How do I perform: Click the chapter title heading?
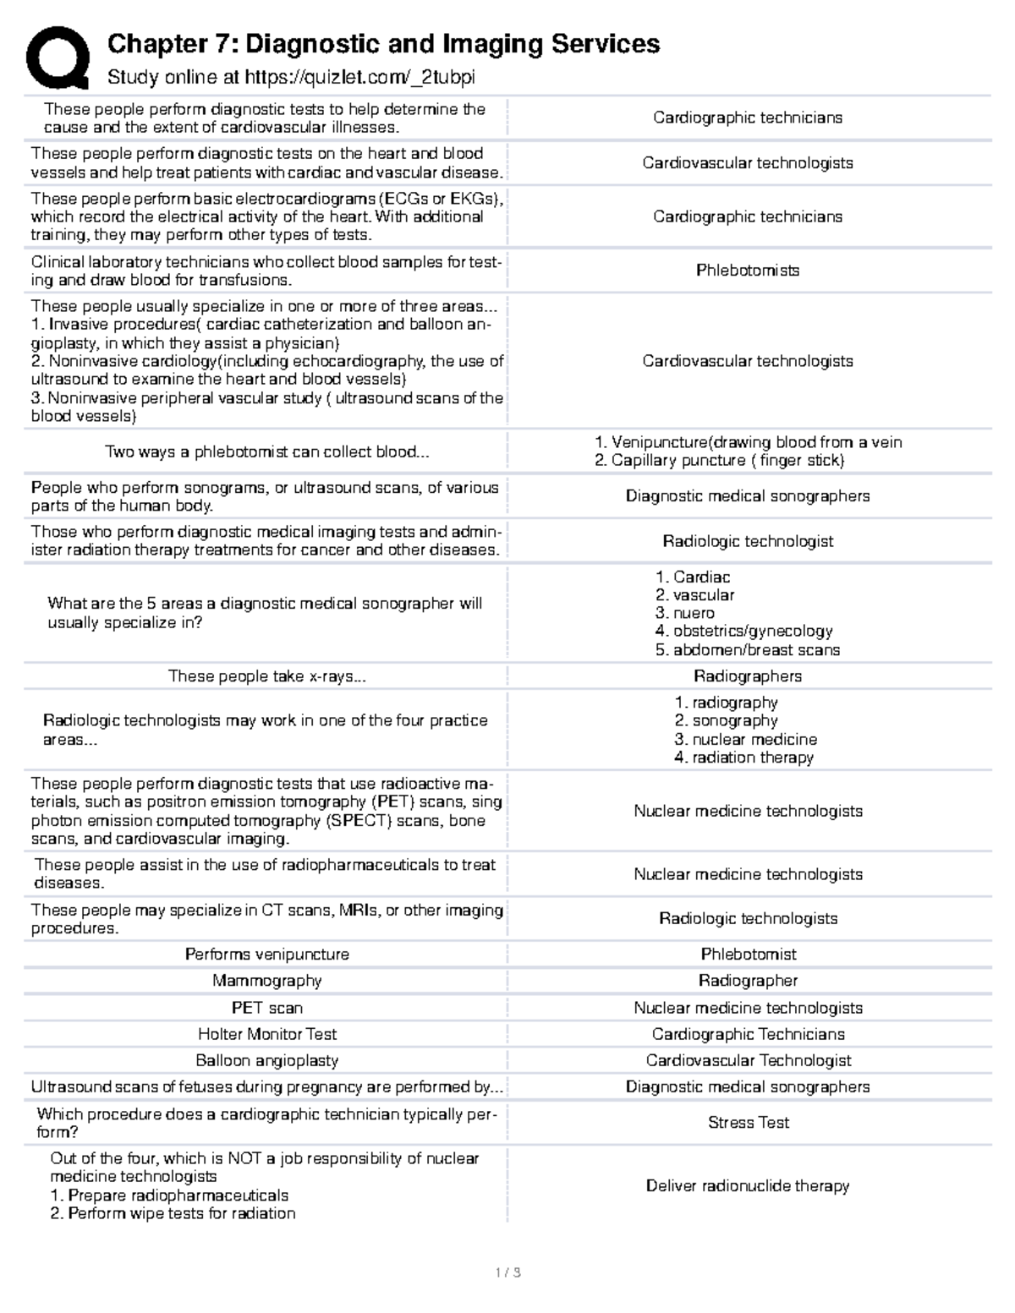click(x=383, y=44)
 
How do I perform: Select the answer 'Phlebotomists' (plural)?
click(x=748, y=271)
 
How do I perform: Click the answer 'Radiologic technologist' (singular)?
click(x=748, y=541)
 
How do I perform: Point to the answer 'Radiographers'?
click(x=748, y=676)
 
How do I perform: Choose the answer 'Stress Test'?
click(x=748, y=1123)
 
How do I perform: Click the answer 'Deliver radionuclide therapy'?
click(x=748, y=1186)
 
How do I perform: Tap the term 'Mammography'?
click(x=266, y=981)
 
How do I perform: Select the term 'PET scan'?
click(x=266, y=1008)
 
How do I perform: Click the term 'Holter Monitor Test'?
click(x=266, y=1034)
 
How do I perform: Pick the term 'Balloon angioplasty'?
click(x=266, y=1060)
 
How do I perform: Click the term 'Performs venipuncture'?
click(x=266, y=955)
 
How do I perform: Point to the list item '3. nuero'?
click(x=685, y=614)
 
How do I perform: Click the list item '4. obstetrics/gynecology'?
click(x=743, y=632)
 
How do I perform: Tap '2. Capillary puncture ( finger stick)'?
click(x=719, y=461)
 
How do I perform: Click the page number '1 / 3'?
click(x=507, y=1272)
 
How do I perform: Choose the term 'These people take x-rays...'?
click(x=266, y=676)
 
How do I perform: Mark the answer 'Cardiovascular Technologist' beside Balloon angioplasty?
click(x=748, y=1060)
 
